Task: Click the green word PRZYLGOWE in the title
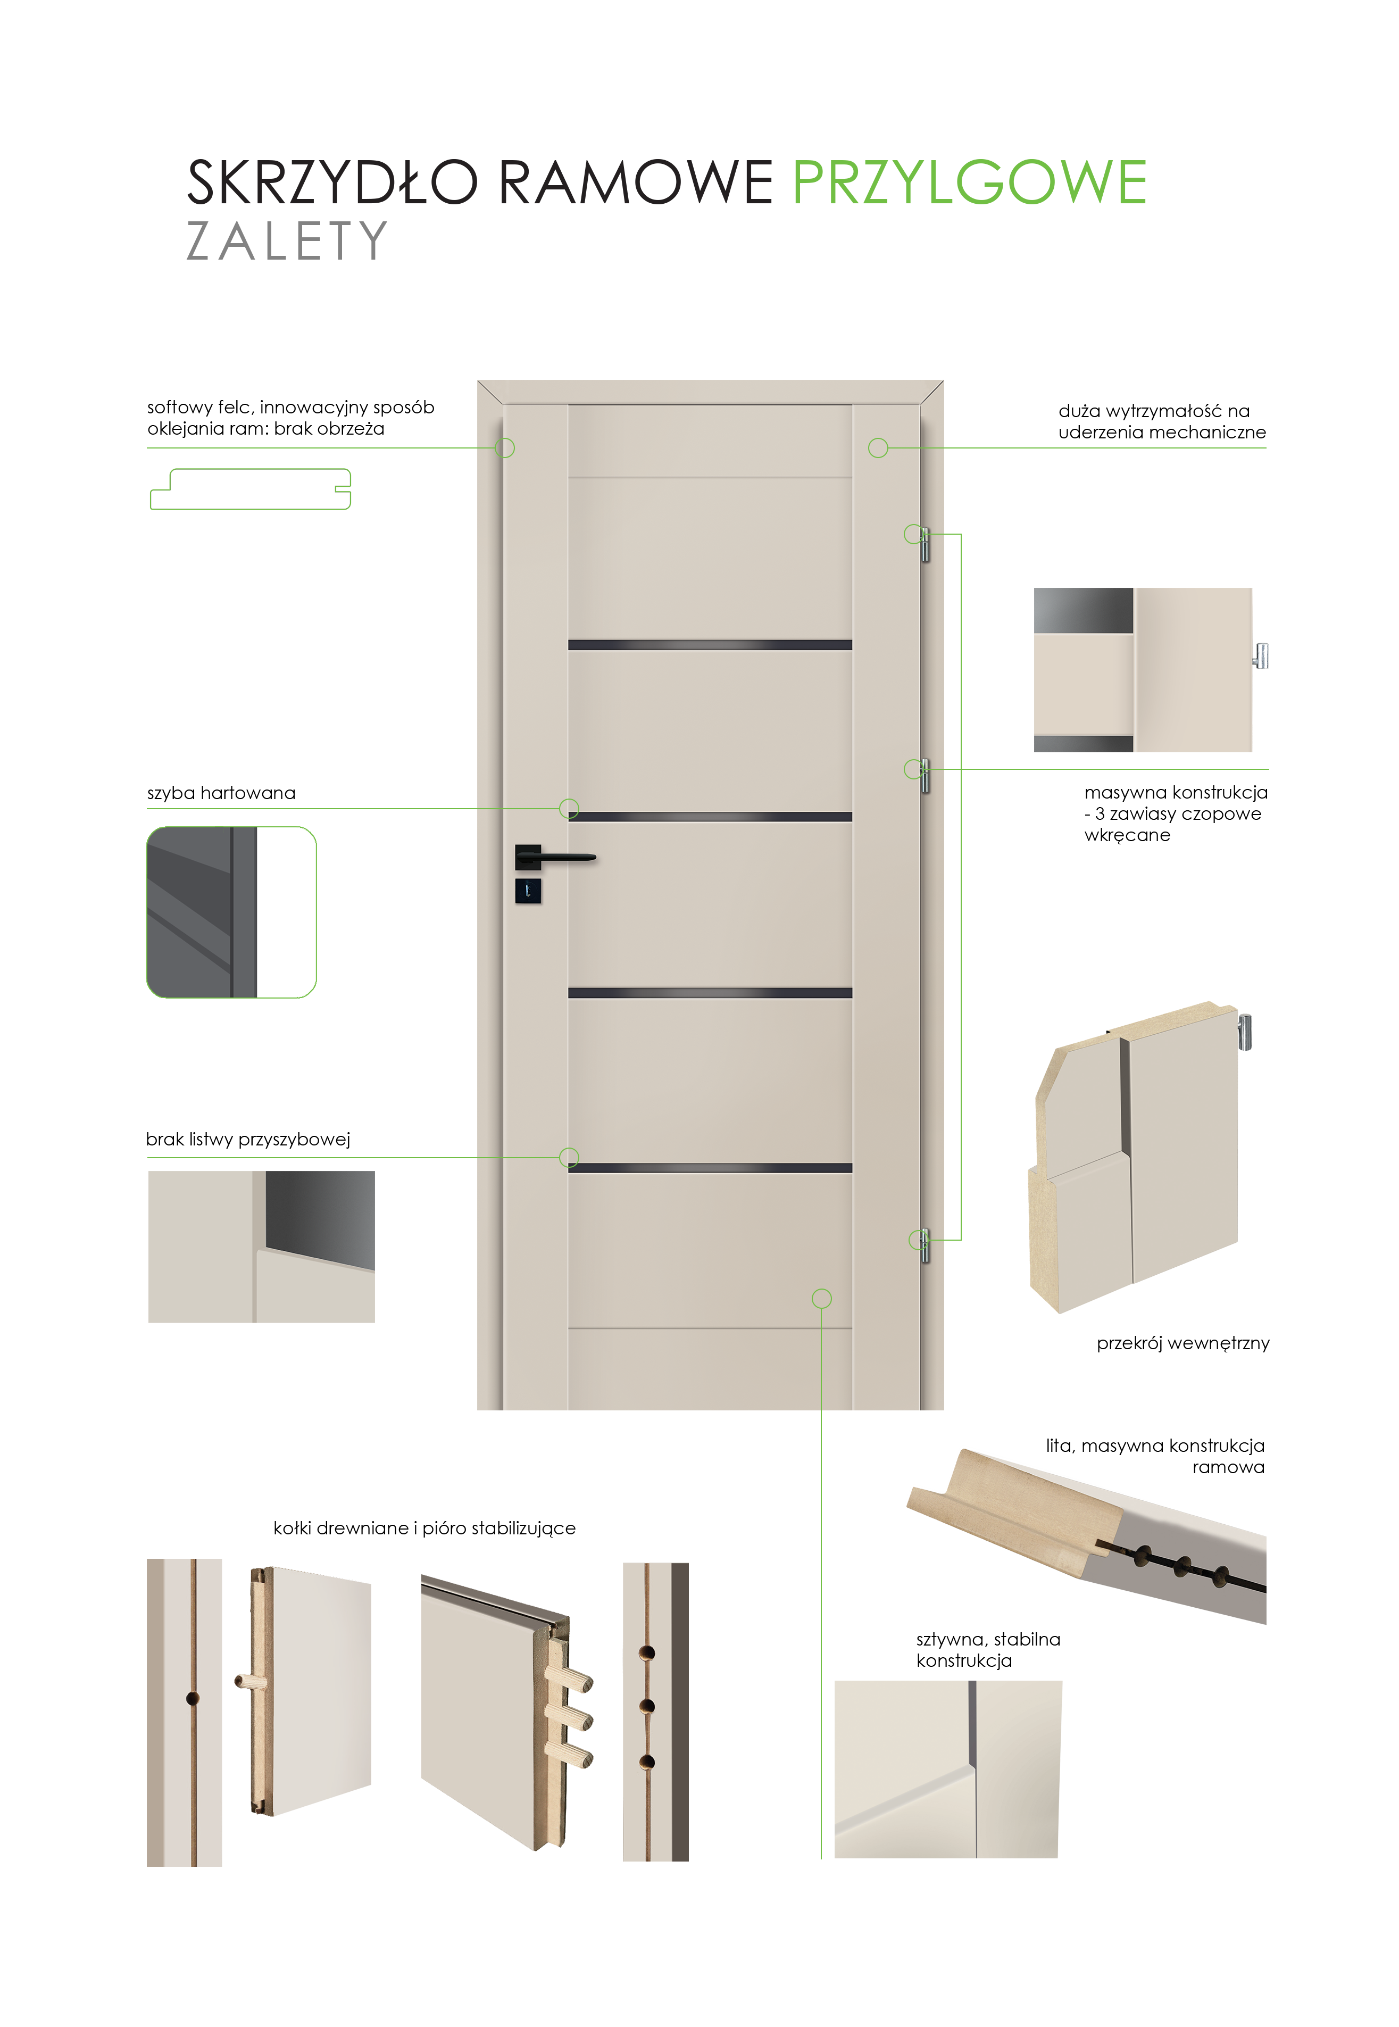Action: [970, 182]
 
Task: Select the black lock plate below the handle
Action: [528, 891]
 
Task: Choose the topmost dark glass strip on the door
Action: [710, 645]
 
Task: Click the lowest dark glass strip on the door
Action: [710, 1168]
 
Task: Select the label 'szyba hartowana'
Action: [221, 793]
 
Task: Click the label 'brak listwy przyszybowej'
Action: [248, 1139]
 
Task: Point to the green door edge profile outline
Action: [251, 488]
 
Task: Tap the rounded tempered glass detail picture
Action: [231, 912]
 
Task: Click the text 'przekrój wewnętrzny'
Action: [1183, 1343]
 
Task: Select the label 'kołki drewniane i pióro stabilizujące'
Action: [424, 1528]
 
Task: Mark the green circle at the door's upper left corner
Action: [505, 448]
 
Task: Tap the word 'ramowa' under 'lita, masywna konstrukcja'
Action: [1228, 1467]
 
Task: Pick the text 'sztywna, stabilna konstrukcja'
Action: [988, 1649]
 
